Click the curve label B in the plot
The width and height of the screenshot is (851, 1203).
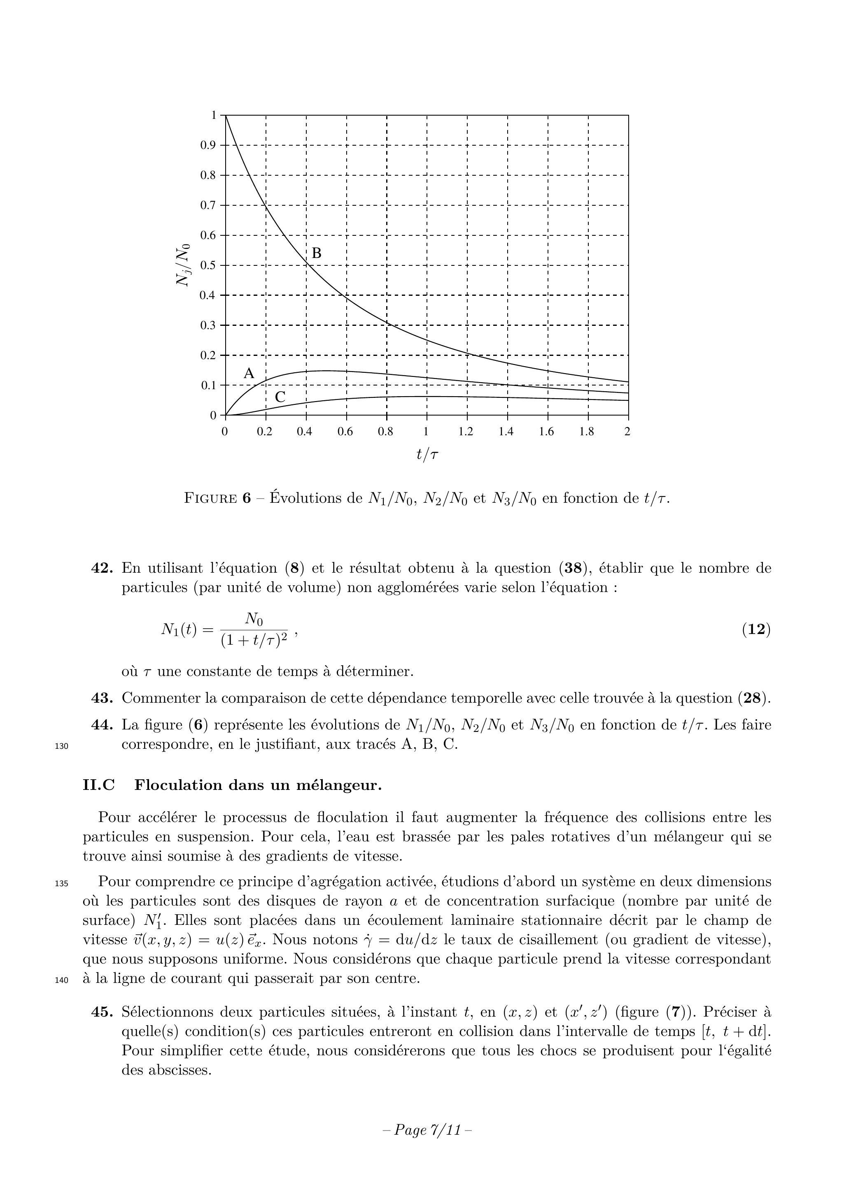pyautogui.click(x=317, y=253)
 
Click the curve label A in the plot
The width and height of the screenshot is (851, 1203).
pyautogui.click(x=249, y=374)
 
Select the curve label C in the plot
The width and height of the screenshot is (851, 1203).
pyautogui.click(x=280, y=397)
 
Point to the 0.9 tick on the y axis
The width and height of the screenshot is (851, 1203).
pyautogui.click(x=208, y=145)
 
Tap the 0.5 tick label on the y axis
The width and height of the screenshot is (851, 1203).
pyautogui.click(x=208, y=265)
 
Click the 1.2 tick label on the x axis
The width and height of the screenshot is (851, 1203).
pyautogui.click(x=466, y=432)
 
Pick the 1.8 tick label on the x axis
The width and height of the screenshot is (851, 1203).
pyautogui.click(x=587, y=432)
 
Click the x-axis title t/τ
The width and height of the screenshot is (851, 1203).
pyautogui.click(x=427, y=454)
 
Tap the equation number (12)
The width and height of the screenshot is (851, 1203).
pyautogui.click(x=756, y=629)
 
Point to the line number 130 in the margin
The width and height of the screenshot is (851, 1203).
pyautogui.click(x=61, y=746)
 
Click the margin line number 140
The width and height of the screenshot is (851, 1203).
pyautogui.click(x=61, y=979)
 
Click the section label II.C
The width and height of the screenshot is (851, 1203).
pyautogui.click(x=99, y=785)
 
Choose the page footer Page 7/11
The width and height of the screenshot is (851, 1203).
pyautogui.click(x=427, y=1130)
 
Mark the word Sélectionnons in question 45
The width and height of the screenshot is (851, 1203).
pyautogui.click(x=166, y=1012)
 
